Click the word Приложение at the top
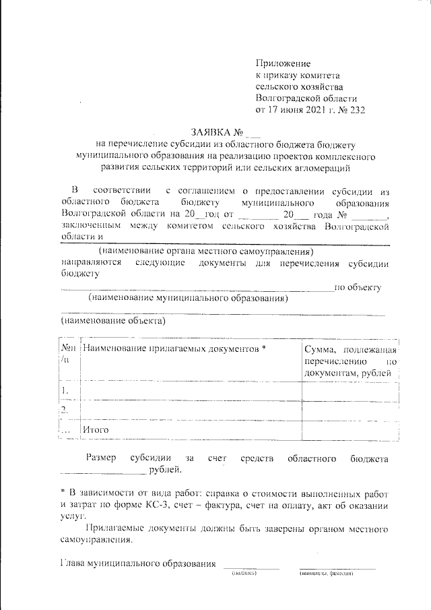coord(282,63)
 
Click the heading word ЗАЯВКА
coord(211,131)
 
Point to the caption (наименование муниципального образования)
coord(188,297)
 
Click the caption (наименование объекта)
coord(112,321)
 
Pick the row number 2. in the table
coord(65,410)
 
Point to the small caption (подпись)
coord(243,573)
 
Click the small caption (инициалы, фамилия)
coord(327,573)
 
